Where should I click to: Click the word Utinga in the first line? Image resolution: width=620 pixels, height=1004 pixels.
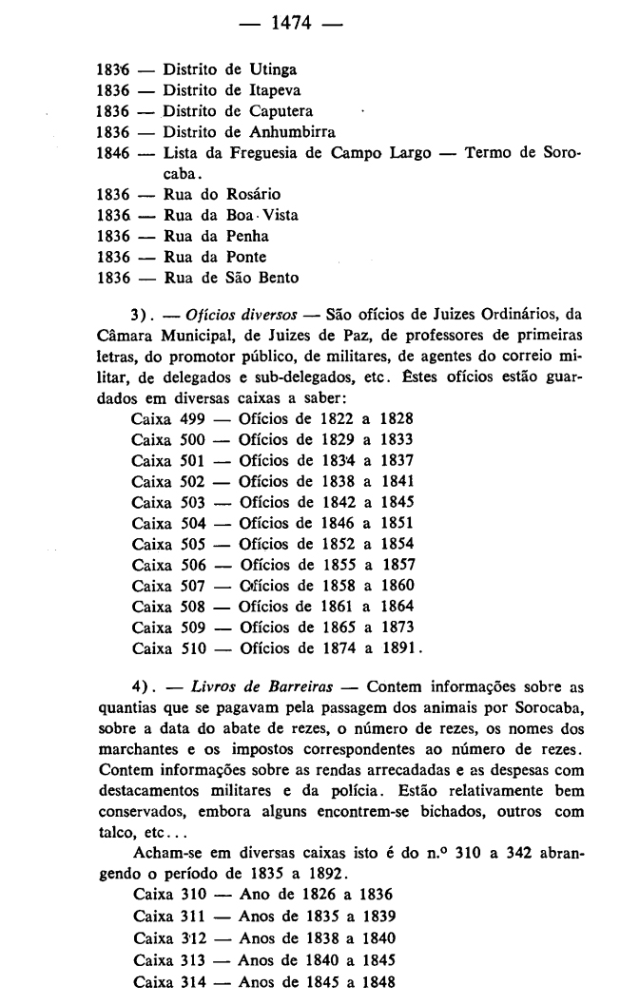273,69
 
